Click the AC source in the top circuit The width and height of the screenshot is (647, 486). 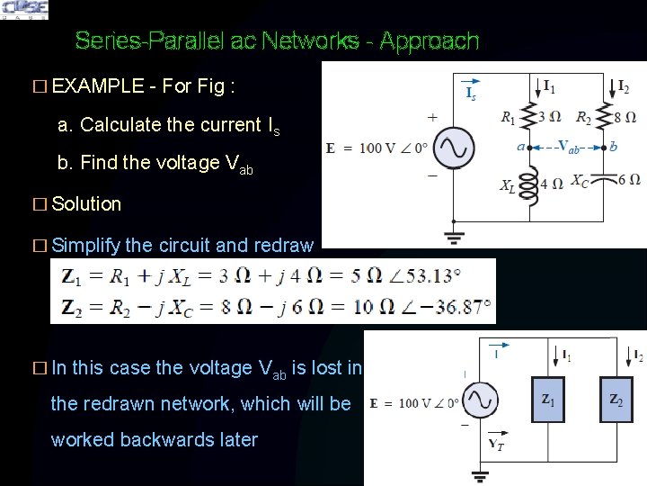pos(454,147)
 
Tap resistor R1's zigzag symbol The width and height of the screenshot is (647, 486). pos(531,117)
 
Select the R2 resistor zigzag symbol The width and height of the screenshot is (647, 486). pos(603,117)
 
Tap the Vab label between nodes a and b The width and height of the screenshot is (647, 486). pos(568,147)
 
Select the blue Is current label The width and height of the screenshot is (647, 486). pos(470,93)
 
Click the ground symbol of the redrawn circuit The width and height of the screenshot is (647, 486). pos(480,474)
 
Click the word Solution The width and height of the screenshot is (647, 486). pos(86,203)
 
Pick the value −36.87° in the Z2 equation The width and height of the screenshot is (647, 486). pos(455,307)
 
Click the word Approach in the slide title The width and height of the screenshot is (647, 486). pos(429,40)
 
